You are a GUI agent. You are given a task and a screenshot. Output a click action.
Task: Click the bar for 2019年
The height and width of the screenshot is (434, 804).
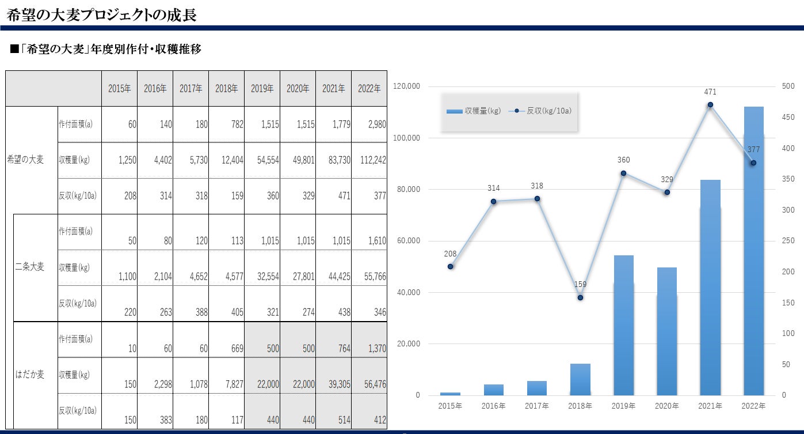[623, 325]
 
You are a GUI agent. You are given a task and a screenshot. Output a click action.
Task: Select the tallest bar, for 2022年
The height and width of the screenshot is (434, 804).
[753, 251]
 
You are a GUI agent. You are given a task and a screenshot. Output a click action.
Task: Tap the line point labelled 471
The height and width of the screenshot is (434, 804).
[710, 104]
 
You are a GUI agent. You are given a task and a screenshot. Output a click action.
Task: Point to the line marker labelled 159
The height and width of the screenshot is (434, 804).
[580, 297]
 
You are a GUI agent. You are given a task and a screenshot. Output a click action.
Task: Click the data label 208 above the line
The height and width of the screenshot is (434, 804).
[450, 254]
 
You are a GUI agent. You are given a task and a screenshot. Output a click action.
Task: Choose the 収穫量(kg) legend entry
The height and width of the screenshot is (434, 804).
[474, 111]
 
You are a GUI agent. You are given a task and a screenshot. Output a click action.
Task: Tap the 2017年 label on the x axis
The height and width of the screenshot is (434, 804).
[536, 406]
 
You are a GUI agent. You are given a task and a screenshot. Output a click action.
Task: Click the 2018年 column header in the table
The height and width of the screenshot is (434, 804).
[227, 89]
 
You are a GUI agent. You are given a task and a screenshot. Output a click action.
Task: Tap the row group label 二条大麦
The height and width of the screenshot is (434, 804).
[29, 267]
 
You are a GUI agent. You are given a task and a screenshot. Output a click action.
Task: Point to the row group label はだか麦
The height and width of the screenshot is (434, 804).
[29, 375]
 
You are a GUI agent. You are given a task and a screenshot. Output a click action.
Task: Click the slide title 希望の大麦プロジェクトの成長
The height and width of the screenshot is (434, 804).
[102, 15]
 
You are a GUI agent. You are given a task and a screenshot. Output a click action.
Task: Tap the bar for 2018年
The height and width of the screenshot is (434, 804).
[580, 379]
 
